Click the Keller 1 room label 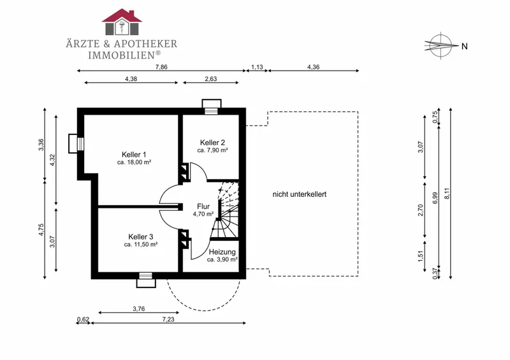(134, 154)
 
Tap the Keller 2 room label (212, 143)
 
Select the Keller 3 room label (140, 237)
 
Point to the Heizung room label (222, 252)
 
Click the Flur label (203, 206)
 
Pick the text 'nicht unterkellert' (300, 194)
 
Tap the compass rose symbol (440, 45)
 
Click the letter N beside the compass (465, 47)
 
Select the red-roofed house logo (122, 22)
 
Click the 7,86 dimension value (161, 68)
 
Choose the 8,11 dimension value (448, 194)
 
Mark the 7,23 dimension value (168, 319)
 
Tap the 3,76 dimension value (139, 308)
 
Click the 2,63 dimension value (211, 79)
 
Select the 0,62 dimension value (83, 319)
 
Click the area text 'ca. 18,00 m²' (134, 162)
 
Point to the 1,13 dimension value (257, 68)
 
